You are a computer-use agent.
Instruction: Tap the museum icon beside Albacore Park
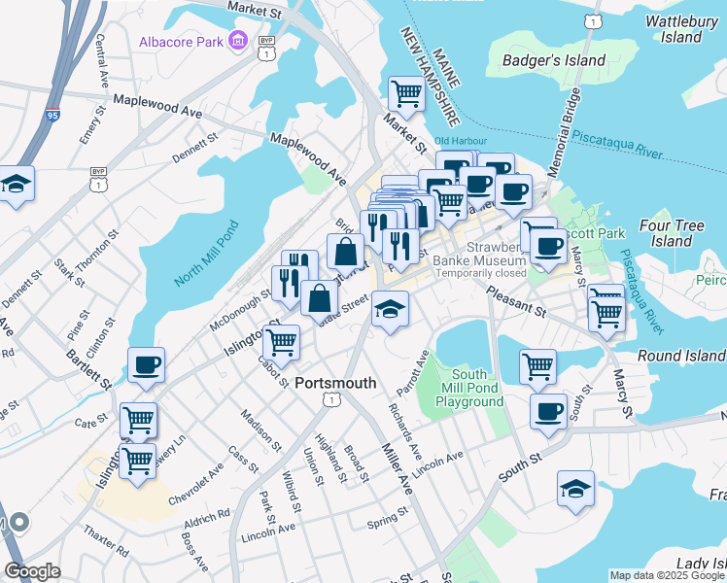[237, 42]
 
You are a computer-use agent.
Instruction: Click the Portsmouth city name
[334, 382]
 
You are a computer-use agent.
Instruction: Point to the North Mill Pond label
[207, 253]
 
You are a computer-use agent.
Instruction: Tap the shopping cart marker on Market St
[407, 93]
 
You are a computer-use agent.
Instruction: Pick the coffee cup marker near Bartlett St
[146, 365]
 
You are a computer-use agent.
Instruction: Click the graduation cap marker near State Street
[390, 309]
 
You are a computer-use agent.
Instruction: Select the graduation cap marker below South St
[575, 489]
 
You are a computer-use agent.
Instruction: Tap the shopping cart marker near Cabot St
[281, 341]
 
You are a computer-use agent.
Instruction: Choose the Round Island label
[681, 357]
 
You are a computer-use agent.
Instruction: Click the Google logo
[32, 572]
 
